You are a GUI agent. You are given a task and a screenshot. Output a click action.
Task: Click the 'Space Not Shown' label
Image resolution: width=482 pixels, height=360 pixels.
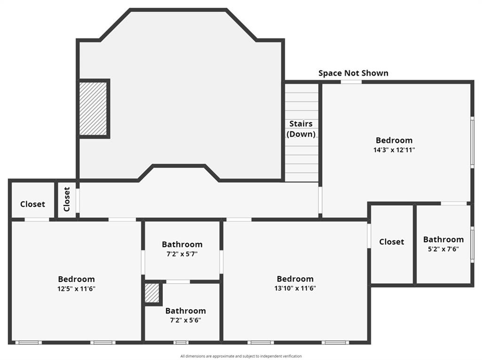point(353,73)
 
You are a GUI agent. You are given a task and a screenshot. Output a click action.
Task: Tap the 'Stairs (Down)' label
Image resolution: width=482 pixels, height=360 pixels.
point(301,128)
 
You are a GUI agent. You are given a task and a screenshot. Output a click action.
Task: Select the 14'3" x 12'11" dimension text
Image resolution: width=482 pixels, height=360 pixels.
point(394,150)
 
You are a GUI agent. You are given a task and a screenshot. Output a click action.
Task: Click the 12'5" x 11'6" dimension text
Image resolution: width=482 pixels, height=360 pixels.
point(76,288)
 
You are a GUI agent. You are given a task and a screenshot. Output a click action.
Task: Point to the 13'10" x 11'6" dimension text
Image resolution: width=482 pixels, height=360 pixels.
point(295,288)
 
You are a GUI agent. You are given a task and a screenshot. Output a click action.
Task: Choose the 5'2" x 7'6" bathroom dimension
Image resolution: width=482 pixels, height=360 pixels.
point(443,249)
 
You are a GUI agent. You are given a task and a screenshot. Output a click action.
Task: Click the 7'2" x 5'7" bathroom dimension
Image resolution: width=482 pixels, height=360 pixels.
point(182,254)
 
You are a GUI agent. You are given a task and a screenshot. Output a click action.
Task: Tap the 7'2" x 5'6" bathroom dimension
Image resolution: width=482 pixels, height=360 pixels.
point(185,320)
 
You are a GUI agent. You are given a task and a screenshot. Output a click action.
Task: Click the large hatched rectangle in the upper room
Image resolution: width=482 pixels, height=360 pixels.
point(93,109)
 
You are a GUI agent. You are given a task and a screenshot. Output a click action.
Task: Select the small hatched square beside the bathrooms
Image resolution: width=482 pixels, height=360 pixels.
point(152,293)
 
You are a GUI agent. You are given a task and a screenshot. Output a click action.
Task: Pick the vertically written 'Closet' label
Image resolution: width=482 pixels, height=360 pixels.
point(67,199)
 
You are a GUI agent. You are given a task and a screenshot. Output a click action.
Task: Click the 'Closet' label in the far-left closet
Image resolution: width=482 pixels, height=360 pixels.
point(32,204)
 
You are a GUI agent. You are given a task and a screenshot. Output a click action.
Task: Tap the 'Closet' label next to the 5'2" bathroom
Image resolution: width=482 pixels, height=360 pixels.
point(392,241)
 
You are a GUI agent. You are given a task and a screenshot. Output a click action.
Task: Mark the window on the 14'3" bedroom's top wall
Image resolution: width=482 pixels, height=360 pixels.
point(351,82)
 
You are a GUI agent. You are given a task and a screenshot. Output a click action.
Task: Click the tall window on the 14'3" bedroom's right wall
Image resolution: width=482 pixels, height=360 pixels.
point(472,142)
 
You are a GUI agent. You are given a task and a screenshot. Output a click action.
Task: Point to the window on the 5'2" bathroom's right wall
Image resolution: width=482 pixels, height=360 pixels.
point(472,245)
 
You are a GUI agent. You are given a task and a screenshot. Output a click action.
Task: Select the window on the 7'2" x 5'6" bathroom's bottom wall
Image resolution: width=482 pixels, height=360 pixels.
point(181,342)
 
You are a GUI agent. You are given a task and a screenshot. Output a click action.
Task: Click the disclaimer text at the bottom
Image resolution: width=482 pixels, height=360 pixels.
point(241,356)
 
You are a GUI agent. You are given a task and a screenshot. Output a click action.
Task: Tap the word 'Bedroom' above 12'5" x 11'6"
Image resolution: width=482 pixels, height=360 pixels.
point(76,279)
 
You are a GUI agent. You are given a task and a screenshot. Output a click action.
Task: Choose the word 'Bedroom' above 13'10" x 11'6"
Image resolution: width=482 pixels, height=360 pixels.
point(295,279)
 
